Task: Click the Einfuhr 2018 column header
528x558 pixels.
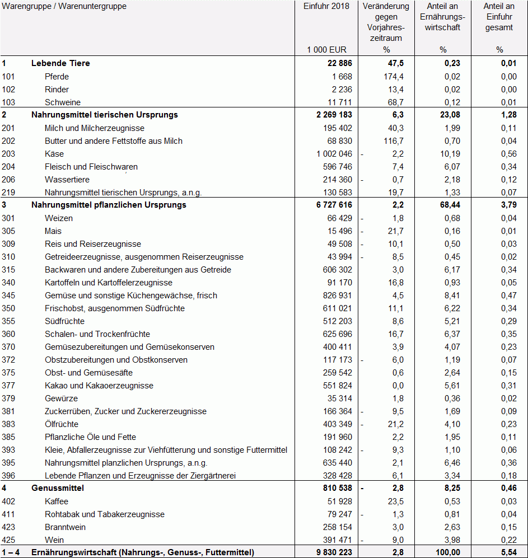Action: tap(326, 7)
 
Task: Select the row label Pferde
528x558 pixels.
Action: tap(57, 77)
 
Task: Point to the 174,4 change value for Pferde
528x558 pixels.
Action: tap(391, 77)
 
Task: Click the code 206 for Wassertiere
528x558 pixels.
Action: tap(8, 180)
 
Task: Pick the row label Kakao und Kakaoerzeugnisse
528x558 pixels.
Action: tap(99, 386)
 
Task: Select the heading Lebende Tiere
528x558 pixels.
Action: tap(60, 63)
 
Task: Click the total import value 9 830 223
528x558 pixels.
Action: tap(330, 552)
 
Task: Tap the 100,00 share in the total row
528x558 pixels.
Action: tap(447, 552)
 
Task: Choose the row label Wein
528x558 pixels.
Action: tap(54, 540)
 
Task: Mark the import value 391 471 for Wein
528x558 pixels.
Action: tap(336, 540)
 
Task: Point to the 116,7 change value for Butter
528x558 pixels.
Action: tap(391, 141)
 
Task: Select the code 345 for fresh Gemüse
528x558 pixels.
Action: tap(8, 296)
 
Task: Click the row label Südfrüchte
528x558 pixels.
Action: tap(64, 321)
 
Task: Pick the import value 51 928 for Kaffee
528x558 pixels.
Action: tap(338, 501)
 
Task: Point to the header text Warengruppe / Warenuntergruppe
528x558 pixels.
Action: tap(64, 7)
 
